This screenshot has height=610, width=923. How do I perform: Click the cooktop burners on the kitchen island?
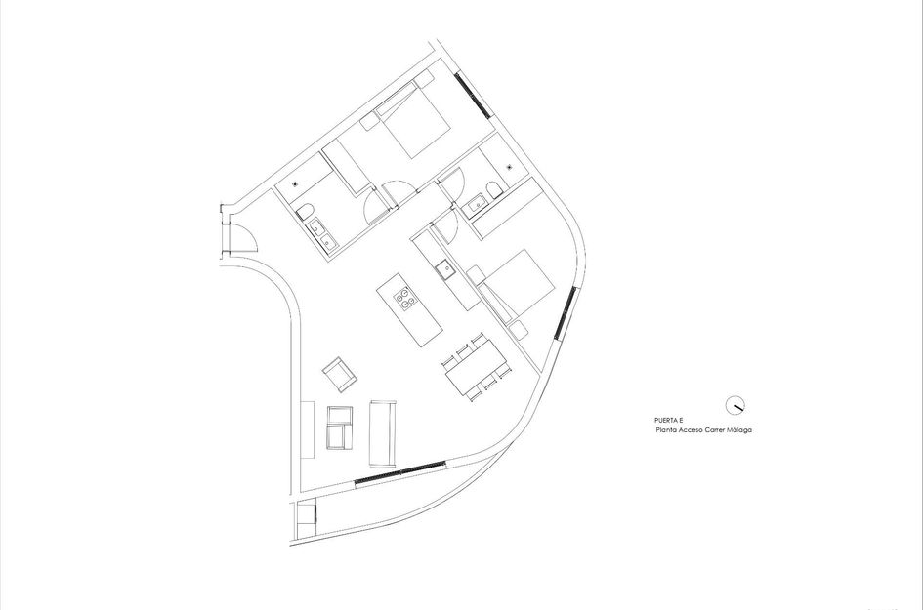coord(401,297)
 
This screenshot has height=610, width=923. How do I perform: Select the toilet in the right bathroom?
coord(494,188)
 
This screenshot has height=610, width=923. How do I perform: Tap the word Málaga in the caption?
coord(743,429)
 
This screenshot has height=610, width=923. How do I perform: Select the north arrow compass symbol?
coord(735,404)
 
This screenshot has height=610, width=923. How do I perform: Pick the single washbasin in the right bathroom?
coord(479,203)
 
